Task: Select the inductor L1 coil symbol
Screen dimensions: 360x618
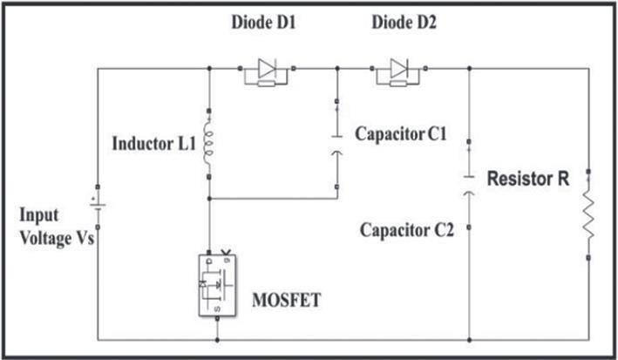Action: pyautogui.click(x=209, y=143)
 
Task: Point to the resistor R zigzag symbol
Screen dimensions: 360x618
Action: pyautogui.click(x=588, y=215)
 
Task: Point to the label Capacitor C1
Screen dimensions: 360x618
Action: pyautogui.click(x=401, y=135)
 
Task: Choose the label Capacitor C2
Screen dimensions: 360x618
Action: pyautogui.click(x=404, y=231)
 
